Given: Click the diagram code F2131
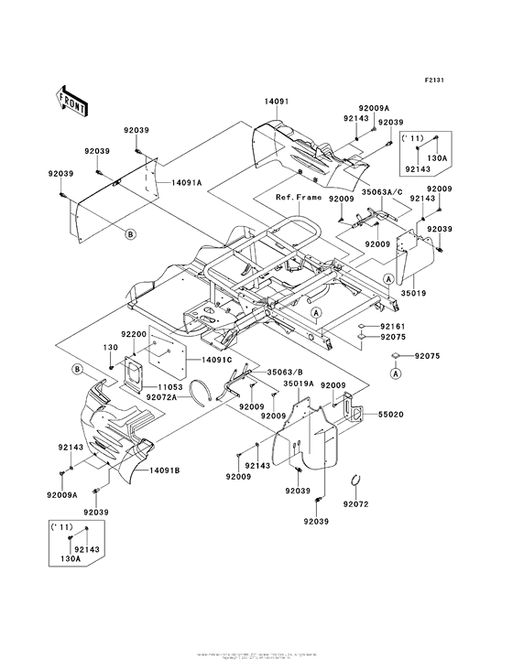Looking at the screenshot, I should (433, 81).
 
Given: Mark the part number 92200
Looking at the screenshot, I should (135, 336).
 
